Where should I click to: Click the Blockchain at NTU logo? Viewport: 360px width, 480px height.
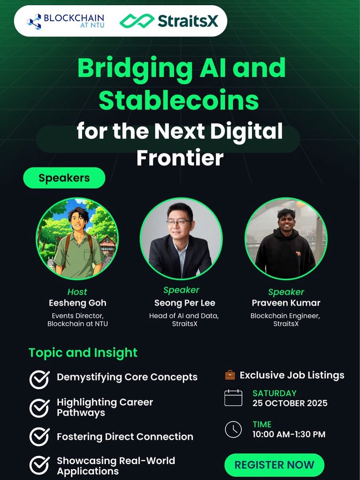[x=66, y=21]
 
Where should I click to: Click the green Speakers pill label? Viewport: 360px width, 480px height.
[x=64, y=178]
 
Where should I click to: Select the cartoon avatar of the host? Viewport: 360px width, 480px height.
[x=77, y=239]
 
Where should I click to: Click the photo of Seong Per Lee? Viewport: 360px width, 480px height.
[x=181, y=239]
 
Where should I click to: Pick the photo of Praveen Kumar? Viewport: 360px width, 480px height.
[x=285, y=239]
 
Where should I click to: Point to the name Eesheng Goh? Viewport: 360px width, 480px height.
[x=77, y=303]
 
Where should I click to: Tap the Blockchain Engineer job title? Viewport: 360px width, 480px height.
[x=285, y=316]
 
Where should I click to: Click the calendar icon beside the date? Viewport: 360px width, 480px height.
[x=233, y=398]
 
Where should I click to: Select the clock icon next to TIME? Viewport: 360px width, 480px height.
[x=233, y=429]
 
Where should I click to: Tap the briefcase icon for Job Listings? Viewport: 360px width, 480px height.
[x=230, y=375]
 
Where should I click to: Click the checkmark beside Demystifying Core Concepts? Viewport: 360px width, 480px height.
[x=39, y=379]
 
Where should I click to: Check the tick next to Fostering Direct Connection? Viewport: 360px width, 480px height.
[x=39, y=437]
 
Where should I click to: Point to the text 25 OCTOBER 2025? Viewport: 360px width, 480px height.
[x=290, y=403]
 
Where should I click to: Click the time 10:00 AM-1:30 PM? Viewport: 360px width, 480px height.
[x=289, y=434]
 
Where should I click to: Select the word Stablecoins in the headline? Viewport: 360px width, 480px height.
[x=179, y=100]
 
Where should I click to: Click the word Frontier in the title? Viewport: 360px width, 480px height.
[x=180, y=158]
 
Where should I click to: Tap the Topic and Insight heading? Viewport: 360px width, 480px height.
[x=83, y=352]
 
